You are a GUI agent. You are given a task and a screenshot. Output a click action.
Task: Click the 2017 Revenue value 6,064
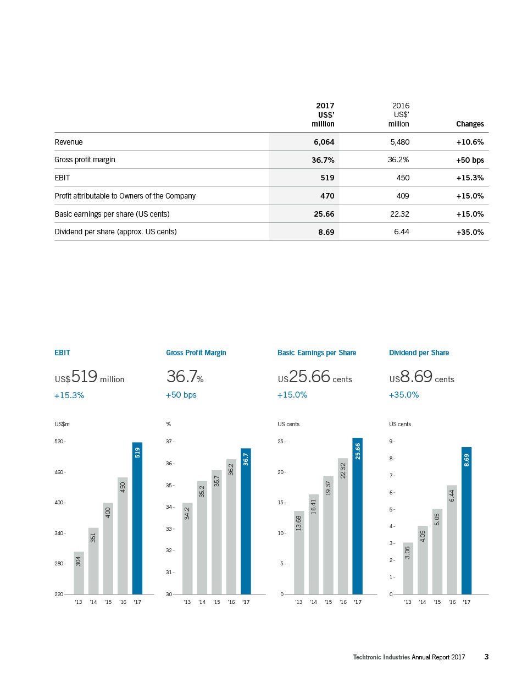click(x=324, y=142)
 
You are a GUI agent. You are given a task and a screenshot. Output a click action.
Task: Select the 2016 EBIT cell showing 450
click(x=403, y=178)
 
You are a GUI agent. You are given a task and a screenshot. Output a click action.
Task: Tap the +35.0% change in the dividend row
click(x=470, y=232)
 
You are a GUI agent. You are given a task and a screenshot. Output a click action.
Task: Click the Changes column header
click(x=470, y=124)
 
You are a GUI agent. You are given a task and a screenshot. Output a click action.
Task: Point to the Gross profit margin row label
click(x=85, y=160)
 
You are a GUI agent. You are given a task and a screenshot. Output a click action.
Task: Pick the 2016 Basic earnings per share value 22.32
click(x=399, y=214)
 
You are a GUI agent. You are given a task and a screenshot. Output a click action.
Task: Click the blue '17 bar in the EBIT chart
click(x=137, y=518)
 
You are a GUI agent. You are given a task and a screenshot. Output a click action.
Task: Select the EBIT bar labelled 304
click(x=79, y=573)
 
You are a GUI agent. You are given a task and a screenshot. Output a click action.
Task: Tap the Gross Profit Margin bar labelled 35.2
click(x=202, y=537)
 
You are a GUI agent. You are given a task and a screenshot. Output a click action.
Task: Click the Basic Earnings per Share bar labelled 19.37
click(x=328, y=535)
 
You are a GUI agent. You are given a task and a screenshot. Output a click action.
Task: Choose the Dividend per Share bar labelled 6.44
click(x=452, y=540)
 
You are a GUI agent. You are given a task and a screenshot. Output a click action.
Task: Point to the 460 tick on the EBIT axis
click(x=60, y=472)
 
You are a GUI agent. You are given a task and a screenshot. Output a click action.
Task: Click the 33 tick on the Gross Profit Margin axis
click(x=170, y=529)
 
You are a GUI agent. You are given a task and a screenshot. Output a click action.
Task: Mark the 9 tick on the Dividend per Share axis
click(x=392, y=442)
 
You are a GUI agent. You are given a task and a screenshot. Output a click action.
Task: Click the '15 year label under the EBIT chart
click(x=108, y=602)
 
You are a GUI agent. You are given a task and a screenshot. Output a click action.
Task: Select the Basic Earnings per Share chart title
click(x=316, y=353)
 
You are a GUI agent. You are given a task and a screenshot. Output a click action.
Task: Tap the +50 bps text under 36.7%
click(x=181, y=395)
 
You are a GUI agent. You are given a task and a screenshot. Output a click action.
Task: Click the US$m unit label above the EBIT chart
click(x=62, y=424)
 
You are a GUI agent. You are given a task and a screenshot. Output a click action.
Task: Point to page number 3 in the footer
click(x=486, y=657)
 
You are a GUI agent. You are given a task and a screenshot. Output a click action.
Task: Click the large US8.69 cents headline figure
click(x=421, y=377)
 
